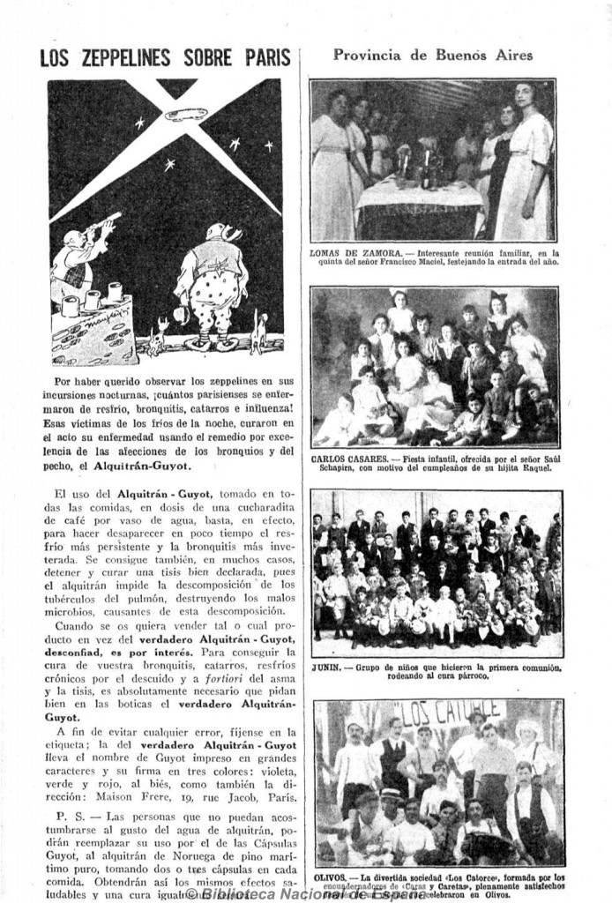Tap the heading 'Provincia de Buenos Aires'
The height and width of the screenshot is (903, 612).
tap(433, 55)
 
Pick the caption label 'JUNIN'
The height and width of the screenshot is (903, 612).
tap(325, 667)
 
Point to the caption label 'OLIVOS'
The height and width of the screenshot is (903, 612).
tap(329, 878)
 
